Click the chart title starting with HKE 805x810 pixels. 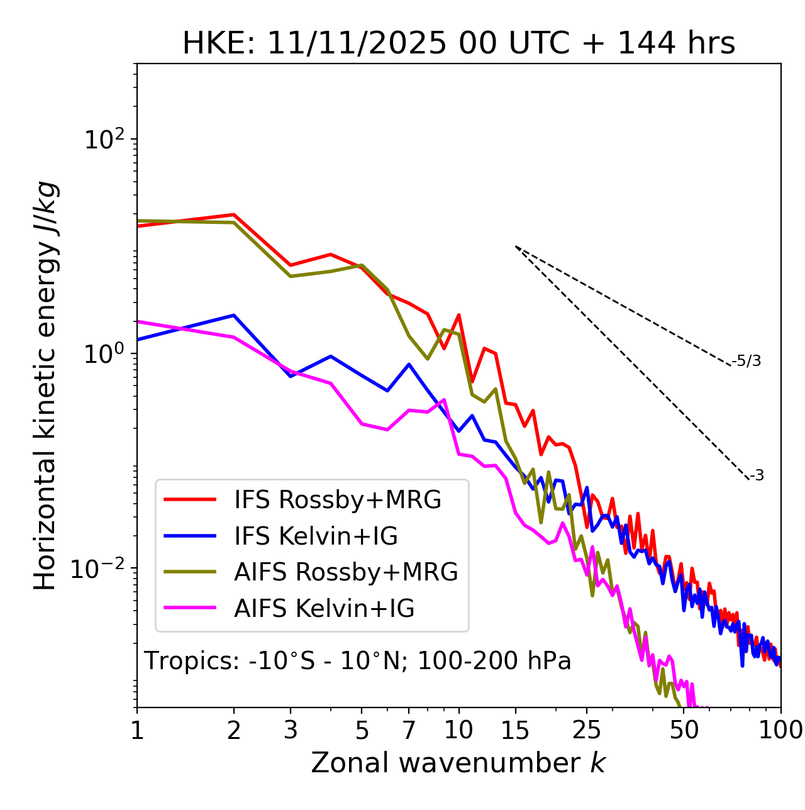click(x=458, y=43)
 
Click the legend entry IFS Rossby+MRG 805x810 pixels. click(x=337, y=500)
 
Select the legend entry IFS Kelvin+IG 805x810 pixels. click(x=316, y=536)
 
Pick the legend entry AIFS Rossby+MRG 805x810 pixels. click(x=346, y=572)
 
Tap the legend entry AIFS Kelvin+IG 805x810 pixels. click(x=324, y=609)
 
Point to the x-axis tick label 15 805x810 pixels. click(x=515, y=730)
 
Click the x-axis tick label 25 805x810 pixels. click(x=587, y=730)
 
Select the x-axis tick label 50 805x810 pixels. click(x=684, y=730)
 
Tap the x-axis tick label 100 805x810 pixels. click(x=780, y=730)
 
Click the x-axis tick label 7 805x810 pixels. click(x=409, y=730)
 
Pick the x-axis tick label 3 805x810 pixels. click(x=291, y=730)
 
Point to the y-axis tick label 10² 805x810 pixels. click(x=103, y=140)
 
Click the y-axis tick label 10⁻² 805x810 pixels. click(x=100, y=569)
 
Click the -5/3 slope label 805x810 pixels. click(x=747, y=361)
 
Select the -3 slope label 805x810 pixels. click(x=757, y=475)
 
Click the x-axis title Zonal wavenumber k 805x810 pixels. click(x=458, y=763)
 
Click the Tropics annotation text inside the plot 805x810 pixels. click(x=358, y=661)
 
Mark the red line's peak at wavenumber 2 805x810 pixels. click(x=234, y=214)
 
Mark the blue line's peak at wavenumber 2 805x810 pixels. click(x=234, y=315)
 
